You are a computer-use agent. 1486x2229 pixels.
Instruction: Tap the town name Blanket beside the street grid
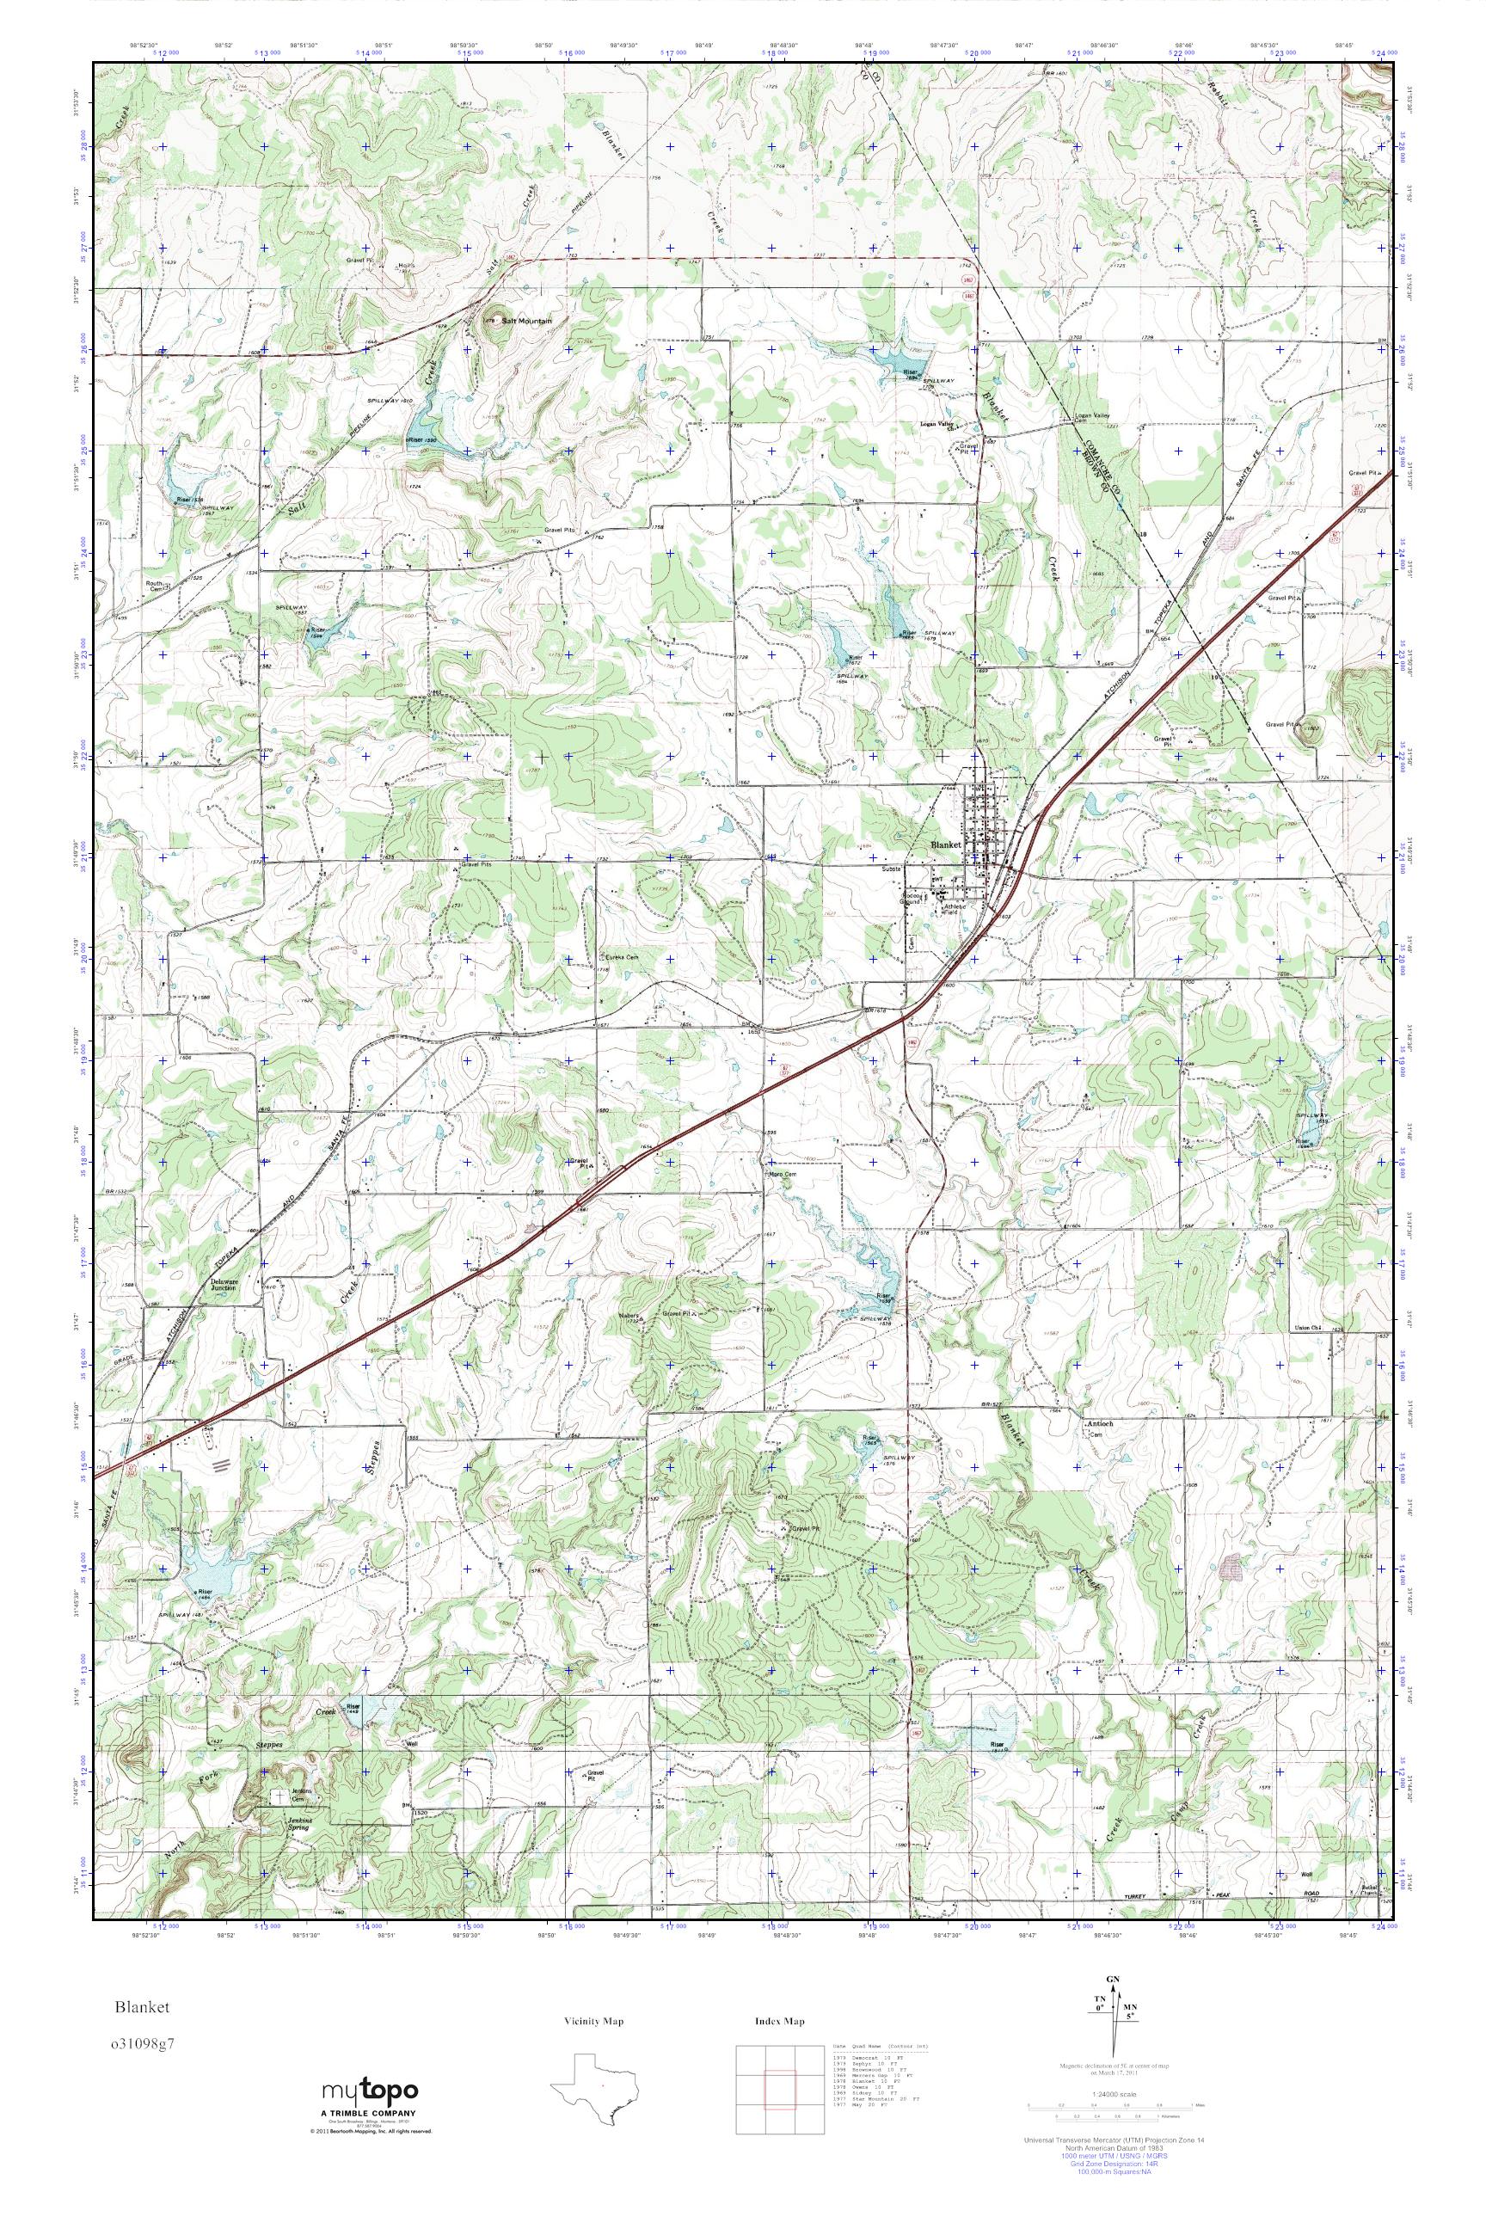click(x=945, y=844)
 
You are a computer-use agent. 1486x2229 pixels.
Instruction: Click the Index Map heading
click(x=780, y=2022)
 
